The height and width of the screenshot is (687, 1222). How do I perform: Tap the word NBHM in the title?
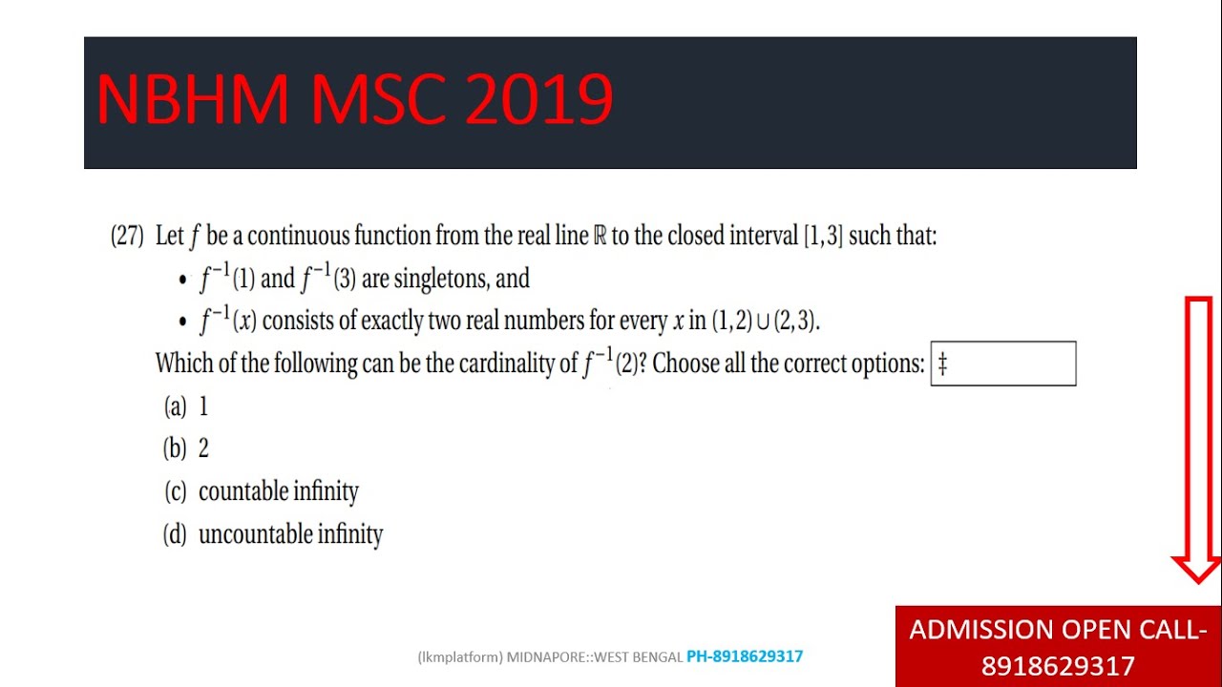[192, 100]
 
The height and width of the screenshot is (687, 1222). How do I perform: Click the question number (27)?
[127, 236]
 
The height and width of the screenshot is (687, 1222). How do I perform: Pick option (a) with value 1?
[187, 407]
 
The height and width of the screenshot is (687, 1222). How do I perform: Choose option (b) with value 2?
[187, 449]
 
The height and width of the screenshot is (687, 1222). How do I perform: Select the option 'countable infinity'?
[278, 491]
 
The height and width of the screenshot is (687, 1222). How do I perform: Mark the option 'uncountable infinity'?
[290, 534]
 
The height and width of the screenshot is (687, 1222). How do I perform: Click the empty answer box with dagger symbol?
[1002, 364]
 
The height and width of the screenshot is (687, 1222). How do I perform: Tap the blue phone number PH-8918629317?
[745, 656]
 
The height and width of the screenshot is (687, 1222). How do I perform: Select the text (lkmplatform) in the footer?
[459, 656]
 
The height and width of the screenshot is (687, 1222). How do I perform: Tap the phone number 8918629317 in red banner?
[1058, 666]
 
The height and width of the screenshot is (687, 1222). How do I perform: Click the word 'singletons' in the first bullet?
[440, 279]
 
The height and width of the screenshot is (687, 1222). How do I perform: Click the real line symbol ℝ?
[600, 236]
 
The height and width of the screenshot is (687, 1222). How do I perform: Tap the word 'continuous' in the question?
[298, 236]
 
